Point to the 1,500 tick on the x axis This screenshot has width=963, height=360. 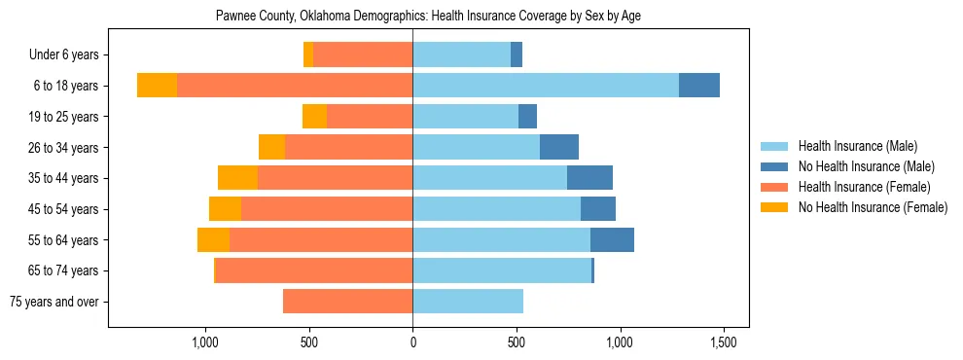click(723, 342)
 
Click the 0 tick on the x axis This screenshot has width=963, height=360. click(412, 342)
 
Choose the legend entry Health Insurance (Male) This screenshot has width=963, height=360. click(857, 146)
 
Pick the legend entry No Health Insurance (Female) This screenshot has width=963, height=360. click(873, 207)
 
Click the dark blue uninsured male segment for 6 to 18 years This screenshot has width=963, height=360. click(699, 86)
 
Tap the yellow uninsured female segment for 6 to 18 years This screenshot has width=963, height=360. click(157, 86)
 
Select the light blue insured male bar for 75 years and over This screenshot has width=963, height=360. click(468, 302)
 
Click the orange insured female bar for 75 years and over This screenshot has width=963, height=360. click(347, 302)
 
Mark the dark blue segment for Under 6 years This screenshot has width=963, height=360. click(517, 54)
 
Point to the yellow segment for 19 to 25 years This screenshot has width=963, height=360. click(314, 117)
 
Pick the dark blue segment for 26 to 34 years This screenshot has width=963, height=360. click(559, 147)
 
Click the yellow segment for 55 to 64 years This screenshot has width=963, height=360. click(213, 240)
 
